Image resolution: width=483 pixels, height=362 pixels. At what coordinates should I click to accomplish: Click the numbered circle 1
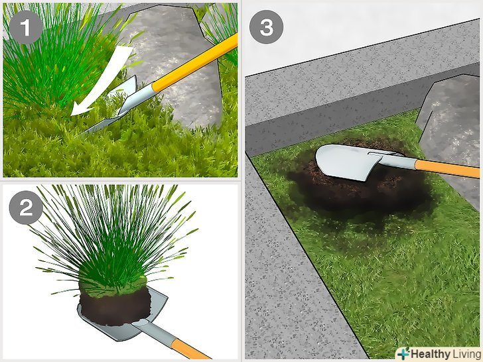26,27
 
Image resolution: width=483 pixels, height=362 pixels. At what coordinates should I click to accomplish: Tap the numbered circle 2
26,208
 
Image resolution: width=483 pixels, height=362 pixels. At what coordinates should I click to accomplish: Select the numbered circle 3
267,27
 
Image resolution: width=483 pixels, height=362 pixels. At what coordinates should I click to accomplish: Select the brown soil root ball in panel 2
115,306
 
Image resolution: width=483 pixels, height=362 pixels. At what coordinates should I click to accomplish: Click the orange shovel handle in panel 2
188,349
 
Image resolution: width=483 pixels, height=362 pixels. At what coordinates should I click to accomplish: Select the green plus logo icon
403,353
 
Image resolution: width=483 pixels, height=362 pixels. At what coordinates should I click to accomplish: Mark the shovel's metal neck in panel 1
139,99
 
